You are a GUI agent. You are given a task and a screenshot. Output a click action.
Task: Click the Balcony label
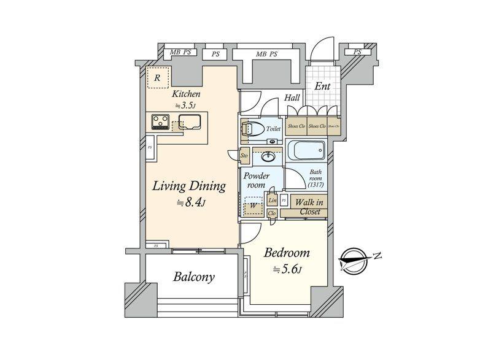pyautogui.click(x=193, y=277)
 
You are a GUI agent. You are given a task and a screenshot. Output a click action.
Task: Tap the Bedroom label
pyautogui.click(x=287, y=253)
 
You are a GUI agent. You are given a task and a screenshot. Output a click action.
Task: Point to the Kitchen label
pyautogui.click(x=186, y=94)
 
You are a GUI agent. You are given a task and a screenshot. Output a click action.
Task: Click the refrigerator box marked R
pyautogui.click(x=158, y=78)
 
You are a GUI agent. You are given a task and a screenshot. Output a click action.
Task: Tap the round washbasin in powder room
pyautogui.click(x=268, y=156)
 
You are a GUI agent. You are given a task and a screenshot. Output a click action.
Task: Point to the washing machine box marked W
pyautogui.click(x=252, y=207)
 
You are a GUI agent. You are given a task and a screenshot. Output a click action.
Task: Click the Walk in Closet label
pyautogui.click(x=310, y=207)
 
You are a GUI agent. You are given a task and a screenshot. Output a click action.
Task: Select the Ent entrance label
pyautogui.click(x=322, y=86)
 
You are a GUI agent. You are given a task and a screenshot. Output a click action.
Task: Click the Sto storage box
pyautogui.click(x=244, y=156)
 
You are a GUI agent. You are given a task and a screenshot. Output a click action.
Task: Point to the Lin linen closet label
pyautogui.click(x=273, y=201)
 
